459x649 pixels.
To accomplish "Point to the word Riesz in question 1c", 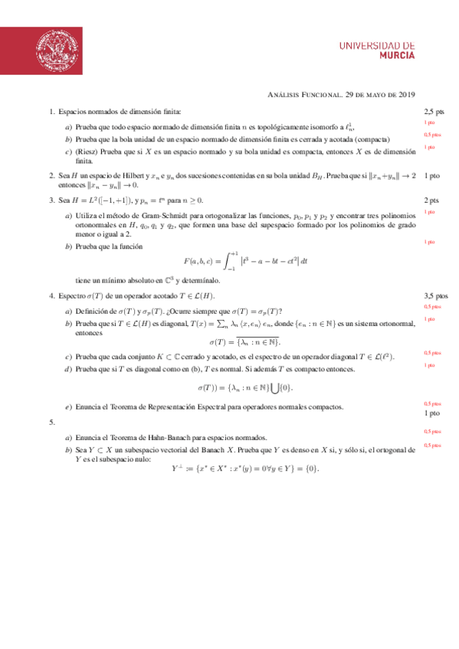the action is point(85,153).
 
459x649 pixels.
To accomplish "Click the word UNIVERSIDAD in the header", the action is point(377,45).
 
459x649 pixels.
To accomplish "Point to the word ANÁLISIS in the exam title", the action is point(284,95).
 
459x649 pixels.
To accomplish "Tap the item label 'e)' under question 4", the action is point(69,406).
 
